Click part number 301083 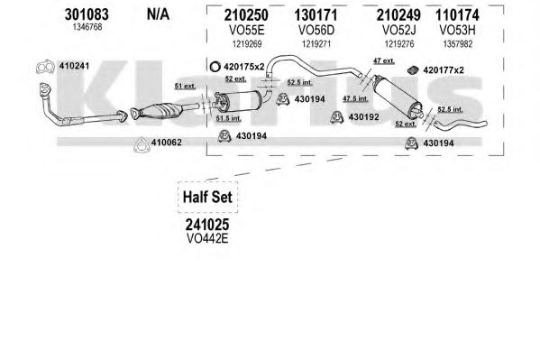tap(87, 14)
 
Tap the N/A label tap(158, 14)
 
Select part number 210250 tap(246, 15)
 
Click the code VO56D tap(316, 31)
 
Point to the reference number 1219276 tap(399, 44)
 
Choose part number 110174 tap(457, 15)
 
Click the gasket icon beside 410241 tap(45, 67)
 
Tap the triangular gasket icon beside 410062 tap(142, 145)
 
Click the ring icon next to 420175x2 tap(215, 67)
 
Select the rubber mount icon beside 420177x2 tap(413, 70)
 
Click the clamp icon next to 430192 tap(336, 117)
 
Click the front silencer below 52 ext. tap(237, 101)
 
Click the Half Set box tap(207, 198)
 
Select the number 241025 tap(207, 225)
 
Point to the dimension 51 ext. tap(185, 86)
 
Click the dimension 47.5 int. tap(355, 98)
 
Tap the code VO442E tap(207, 238)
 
